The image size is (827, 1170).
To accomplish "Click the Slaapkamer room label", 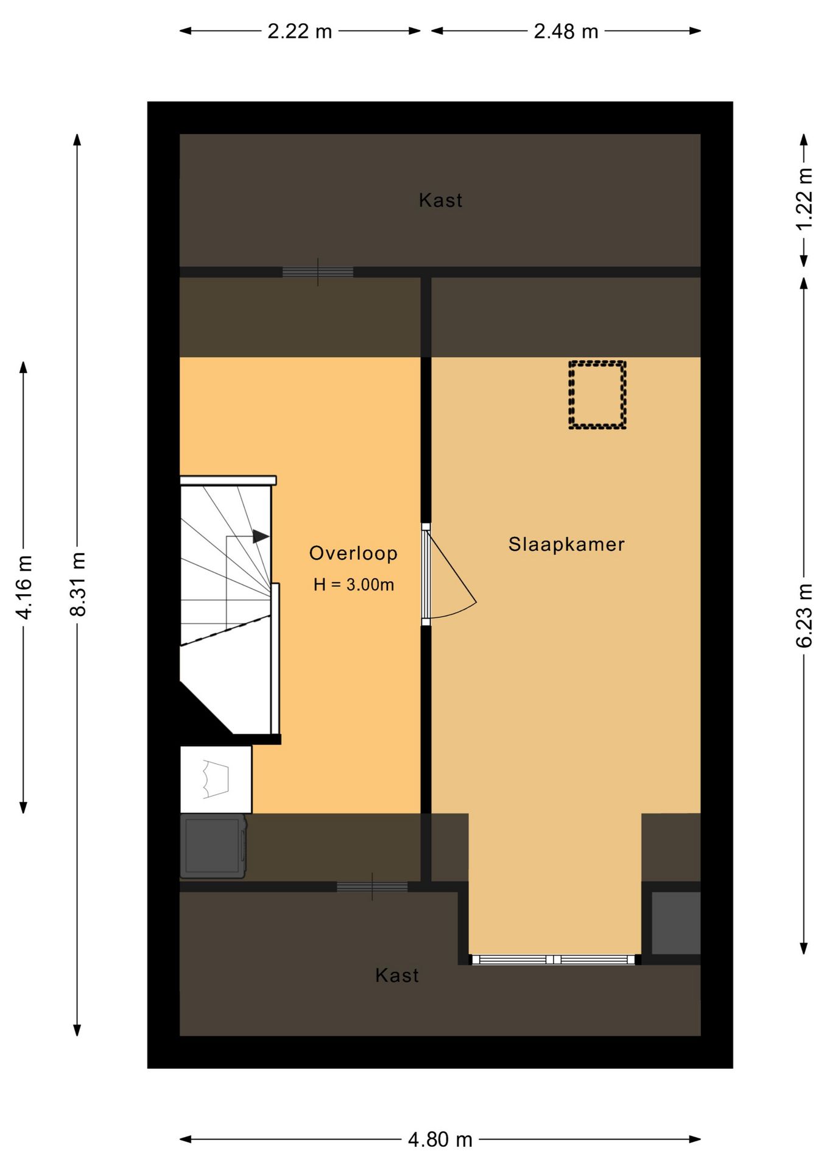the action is [x=566, y=544].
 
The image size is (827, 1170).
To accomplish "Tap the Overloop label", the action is [x=353, y=553].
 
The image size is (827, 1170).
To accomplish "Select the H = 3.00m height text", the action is [x=354, y=585].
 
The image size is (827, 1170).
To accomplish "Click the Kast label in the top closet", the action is [x=440, y=200].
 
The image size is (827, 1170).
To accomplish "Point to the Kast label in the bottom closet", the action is [x=397, y=975].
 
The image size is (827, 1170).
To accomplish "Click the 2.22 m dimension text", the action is [x=300, y=31].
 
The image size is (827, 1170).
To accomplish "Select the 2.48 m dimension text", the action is [x=566, y=31].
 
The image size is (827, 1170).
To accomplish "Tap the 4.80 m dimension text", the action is [x=440, y=1139].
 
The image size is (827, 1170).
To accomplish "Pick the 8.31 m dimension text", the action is [x=78, y=584].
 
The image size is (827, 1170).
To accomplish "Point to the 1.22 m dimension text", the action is [x=804, y=199].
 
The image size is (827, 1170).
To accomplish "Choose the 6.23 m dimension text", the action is [x=804, y=615].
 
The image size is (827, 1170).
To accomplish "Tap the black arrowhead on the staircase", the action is [x=261, y=536].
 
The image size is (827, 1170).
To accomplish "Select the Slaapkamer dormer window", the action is [x=554, y=960].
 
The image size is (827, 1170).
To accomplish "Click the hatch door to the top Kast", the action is [x=317, y=272].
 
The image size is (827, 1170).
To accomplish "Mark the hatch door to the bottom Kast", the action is [x=372, y=887].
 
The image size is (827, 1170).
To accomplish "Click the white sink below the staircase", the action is [x=216, y=779].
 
